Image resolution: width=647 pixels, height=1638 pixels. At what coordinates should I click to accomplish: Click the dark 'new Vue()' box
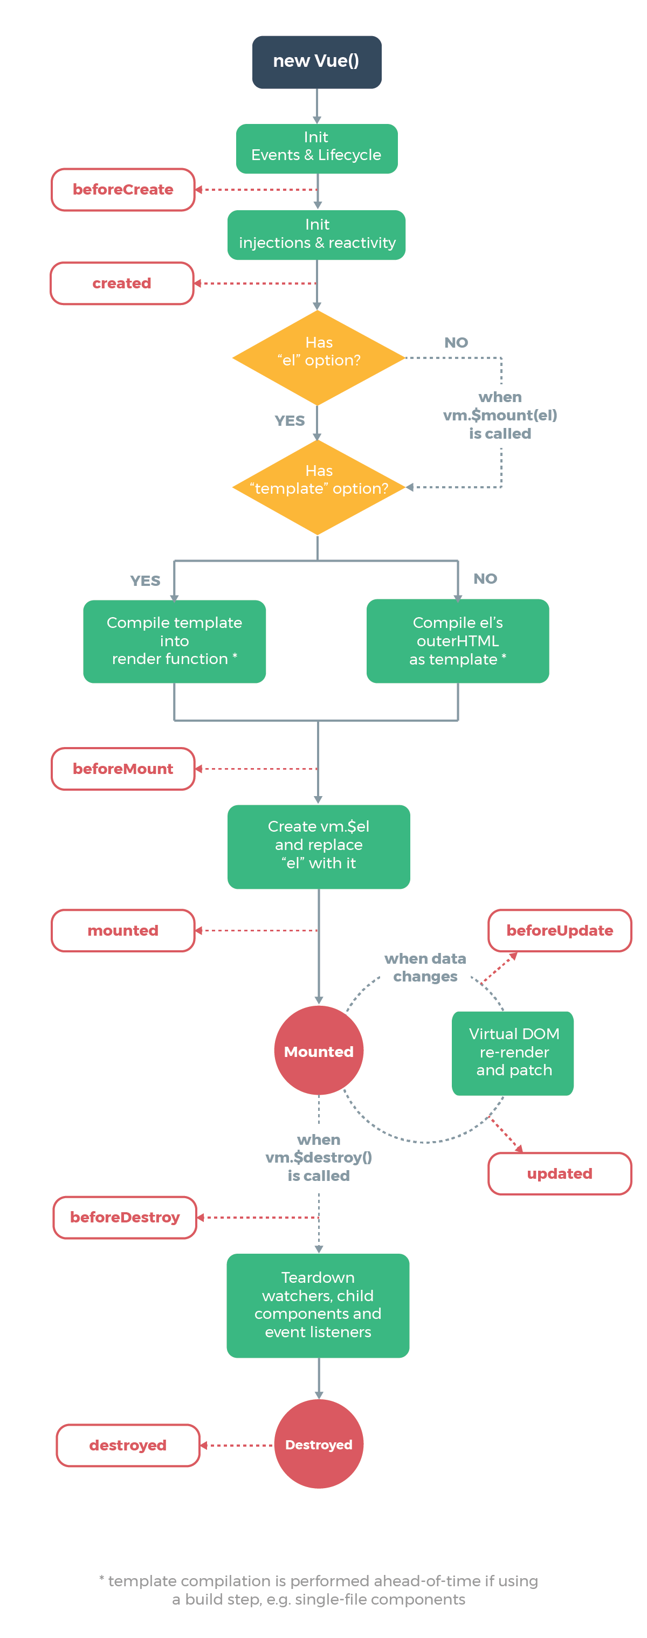tap(316, 61)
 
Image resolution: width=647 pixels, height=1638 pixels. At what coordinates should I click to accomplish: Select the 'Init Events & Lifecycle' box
tap(316, 148)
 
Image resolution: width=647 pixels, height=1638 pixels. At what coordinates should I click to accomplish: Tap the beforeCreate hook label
tap(123, 190)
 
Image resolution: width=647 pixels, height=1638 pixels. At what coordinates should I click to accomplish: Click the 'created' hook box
tap(121, 283)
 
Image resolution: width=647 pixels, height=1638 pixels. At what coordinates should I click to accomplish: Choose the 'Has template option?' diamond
tap(318, 486)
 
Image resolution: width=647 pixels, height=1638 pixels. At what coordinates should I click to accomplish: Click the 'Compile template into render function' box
tap(174, 640)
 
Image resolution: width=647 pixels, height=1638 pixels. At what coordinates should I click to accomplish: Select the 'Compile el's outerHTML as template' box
tap(457, 640)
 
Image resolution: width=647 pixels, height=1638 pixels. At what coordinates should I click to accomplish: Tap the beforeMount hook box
tap(123, 768)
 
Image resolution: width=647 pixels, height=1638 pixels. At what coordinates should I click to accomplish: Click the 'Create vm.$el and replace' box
tap(318, 846)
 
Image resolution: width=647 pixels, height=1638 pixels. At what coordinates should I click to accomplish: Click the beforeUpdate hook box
tap(559, 930)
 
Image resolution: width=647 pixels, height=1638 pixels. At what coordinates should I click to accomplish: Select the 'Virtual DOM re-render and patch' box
tap(513, 1052)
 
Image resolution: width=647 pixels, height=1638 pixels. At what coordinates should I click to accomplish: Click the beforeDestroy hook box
tap(125, 1217)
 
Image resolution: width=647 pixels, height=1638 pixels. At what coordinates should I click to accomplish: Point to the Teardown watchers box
tap(318, 1305)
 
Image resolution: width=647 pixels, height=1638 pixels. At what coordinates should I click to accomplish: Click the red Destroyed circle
tap(318, 1443)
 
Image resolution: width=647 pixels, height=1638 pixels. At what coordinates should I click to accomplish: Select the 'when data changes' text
tap(425, 966)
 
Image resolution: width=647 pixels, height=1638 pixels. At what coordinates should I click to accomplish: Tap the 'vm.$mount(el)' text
tap(500, 414)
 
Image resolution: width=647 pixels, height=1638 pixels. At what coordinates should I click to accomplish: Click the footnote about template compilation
tap(318, 1589)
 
